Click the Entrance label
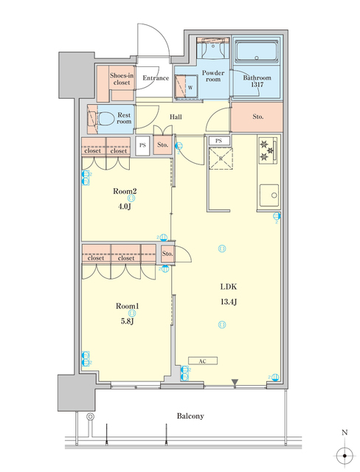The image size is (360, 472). (x=156, y=78)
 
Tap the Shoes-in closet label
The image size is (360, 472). (x=120, y=79)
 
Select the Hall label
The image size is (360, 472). (x=176, y=117)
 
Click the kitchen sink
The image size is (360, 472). (x=269, y=195)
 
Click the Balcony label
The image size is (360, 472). (x=190, y=416)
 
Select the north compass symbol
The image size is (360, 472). (x=342, y=454)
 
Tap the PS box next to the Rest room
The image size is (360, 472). (x=142, y=145)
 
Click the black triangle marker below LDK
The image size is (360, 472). (x=235, y=382)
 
